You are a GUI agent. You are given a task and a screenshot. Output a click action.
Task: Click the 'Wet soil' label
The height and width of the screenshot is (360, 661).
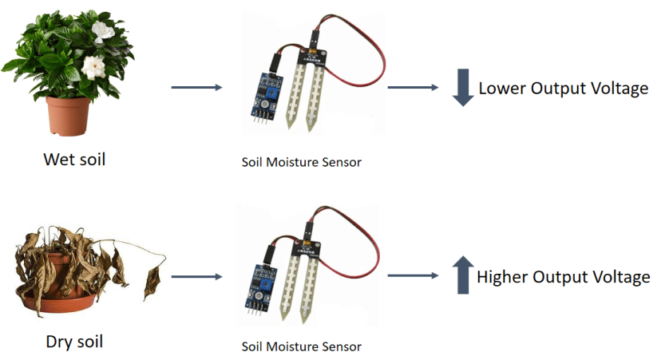[x=73, y=160]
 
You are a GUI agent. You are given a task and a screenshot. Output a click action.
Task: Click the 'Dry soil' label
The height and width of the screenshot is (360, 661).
[x=73, y=343]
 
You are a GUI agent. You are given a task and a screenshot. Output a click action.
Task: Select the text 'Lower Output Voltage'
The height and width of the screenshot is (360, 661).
[x=563, y=89]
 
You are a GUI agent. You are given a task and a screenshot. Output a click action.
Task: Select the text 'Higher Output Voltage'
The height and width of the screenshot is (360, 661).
[x=563, y=277]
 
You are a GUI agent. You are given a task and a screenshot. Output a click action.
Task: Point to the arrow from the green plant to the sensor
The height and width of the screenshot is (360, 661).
[x=196, y=87]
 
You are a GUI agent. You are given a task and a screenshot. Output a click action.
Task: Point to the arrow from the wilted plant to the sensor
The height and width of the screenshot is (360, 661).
[x=196, y=277]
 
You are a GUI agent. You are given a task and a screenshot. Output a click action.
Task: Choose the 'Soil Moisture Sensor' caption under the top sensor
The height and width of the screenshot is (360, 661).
[x=301, y=162]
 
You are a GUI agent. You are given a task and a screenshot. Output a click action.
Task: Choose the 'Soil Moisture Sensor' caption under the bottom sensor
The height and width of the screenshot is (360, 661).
[x=301, y=347]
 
